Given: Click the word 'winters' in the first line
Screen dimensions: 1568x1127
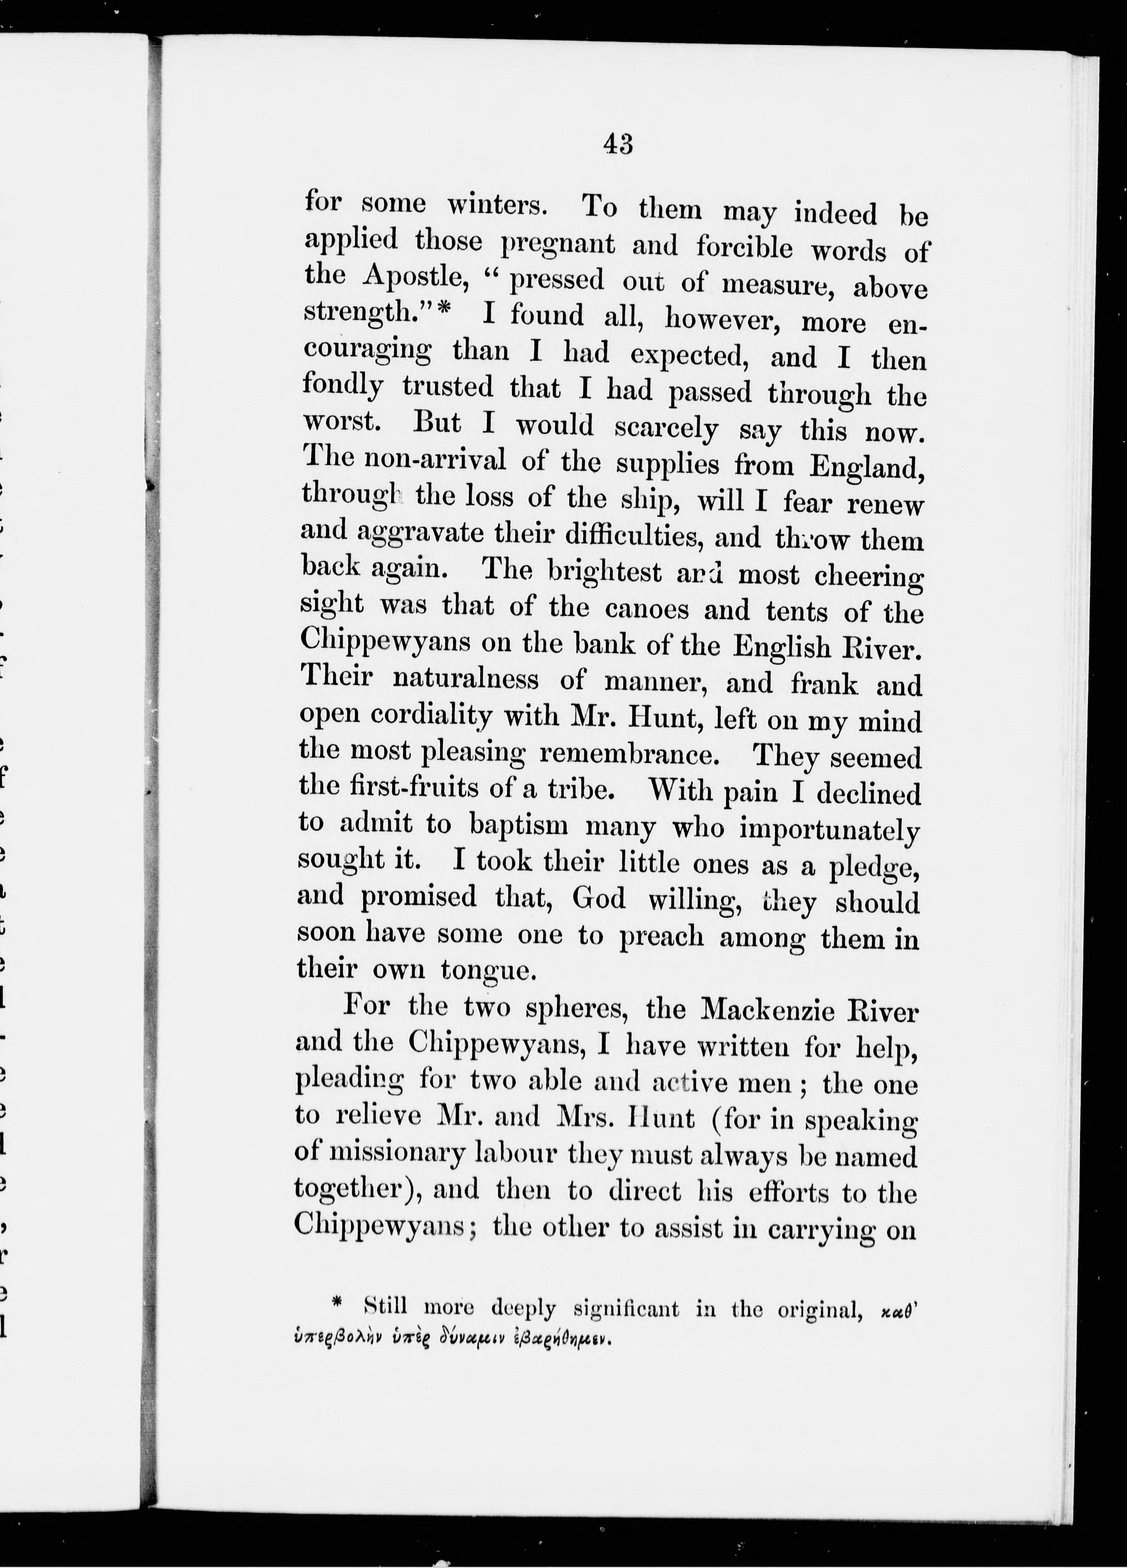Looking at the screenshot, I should tap(497, 205).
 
